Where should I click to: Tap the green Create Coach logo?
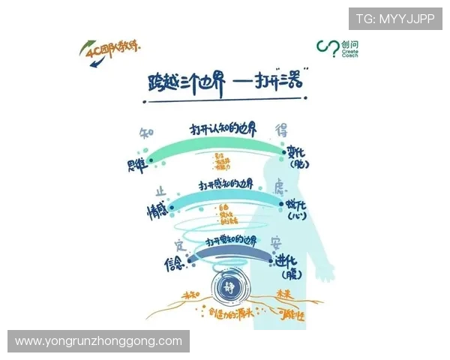pyautogui.click(x=341, y=50)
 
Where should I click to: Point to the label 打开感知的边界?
pyautogui.click(x=225, y=183)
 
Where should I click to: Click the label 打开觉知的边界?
pyautogui.click(x=228, y=241)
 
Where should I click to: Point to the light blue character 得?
pyautogui.click(x=283, y=128)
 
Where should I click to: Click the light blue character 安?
pyautogui.click(x=275, y=243)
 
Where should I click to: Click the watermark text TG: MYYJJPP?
pyautogui.click(x=394, y=19)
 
